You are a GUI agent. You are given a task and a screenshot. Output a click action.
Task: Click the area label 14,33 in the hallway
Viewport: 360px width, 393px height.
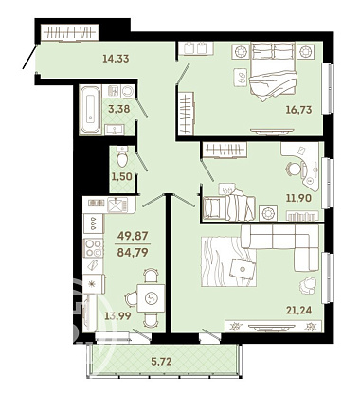coord(116,58)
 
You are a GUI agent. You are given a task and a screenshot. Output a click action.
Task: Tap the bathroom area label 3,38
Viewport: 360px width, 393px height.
coord(119,109)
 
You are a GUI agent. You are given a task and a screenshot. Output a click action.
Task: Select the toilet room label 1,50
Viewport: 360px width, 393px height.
coord(121,176)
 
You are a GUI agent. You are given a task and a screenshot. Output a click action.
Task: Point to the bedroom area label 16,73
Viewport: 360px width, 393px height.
coord(298,110)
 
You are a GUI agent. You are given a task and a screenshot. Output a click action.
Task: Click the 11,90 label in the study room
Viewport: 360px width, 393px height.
coord(298,198)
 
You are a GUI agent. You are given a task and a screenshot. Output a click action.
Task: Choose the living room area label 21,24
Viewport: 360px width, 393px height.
coord(298,310)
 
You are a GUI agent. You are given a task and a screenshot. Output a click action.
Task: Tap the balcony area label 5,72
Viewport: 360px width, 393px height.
coord(161,361)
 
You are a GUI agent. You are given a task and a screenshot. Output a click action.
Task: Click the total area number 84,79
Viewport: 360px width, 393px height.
coord(133,252)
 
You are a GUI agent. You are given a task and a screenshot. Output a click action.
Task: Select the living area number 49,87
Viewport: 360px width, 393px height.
coord(133,235)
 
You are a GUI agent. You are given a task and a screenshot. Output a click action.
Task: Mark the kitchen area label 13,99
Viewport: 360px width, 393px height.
coord(118,315)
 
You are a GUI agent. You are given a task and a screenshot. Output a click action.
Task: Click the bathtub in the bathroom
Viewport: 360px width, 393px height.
coord(91,110)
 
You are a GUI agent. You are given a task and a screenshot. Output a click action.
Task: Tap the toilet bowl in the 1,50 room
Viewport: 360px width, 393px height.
coord(121,156)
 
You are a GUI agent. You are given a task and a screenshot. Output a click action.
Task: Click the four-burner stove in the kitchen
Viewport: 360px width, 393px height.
coord(93,248)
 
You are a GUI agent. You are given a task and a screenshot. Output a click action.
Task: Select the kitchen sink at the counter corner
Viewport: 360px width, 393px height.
coord(117,205)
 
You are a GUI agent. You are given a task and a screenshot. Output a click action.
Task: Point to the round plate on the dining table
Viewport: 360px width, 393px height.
coord(152,297)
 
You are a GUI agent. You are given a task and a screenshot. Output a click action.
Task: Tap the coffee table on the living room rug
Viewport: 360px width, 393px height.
coord(243,269)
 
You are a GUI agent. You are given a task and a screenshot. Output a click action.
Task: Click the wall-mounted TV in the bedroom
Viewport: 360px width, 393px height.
coord(271,131)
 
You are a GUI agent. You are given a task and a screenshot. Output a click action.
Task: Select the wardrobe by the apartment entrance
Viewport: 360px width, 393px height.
coord(70,32)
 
